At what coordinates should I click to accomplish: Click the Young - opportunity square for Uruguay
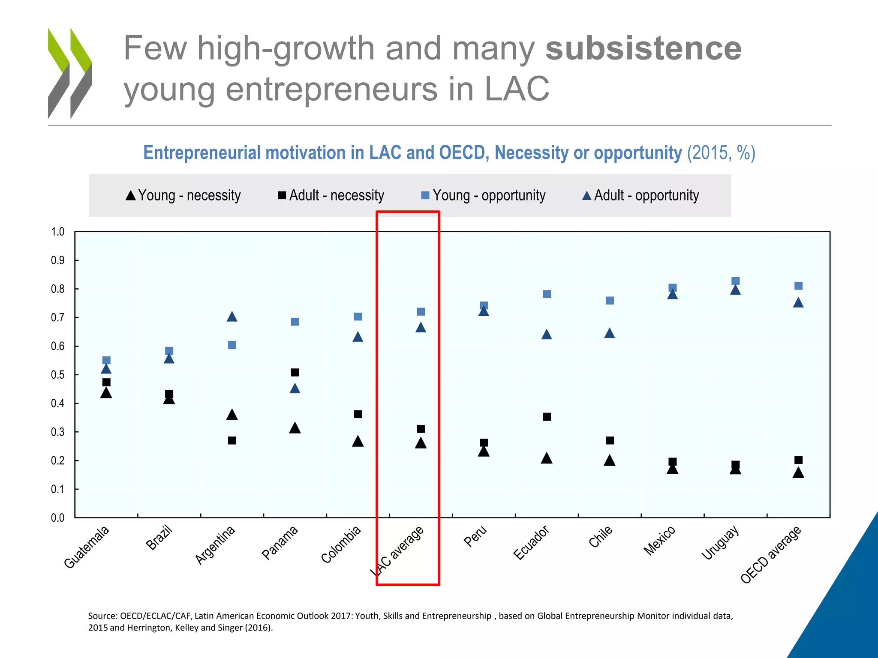[735, 281]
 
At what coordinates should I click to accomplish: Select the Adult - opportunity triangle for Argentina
[232, 317]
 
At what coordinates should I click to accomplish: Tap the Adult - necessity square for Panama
[295, 372]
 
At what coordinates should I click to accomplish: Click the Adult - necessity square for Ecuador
[547, 417]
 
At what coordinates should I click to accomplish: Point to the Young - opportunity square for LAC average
[421, 311]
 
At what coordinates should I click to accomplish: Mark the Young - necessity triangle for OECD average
[798, 473]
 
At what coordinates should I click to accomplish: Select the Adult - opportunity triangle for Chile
[610, 333]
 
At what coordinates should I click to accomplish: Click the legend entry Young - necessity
[183, 195]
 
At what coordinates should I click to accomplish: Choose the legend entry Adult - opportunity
[640, 195]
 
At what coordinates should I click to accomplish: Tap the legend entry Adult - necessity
[331, 195]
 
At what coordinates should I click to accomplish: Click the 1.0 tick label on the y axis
[57, 232]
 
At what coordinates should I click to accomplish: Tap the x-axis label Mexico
[660, 541]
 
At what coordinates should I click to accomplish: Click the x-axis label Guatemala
[87, 547]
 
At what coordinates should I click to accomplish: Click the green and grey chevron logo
[70, 73]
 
